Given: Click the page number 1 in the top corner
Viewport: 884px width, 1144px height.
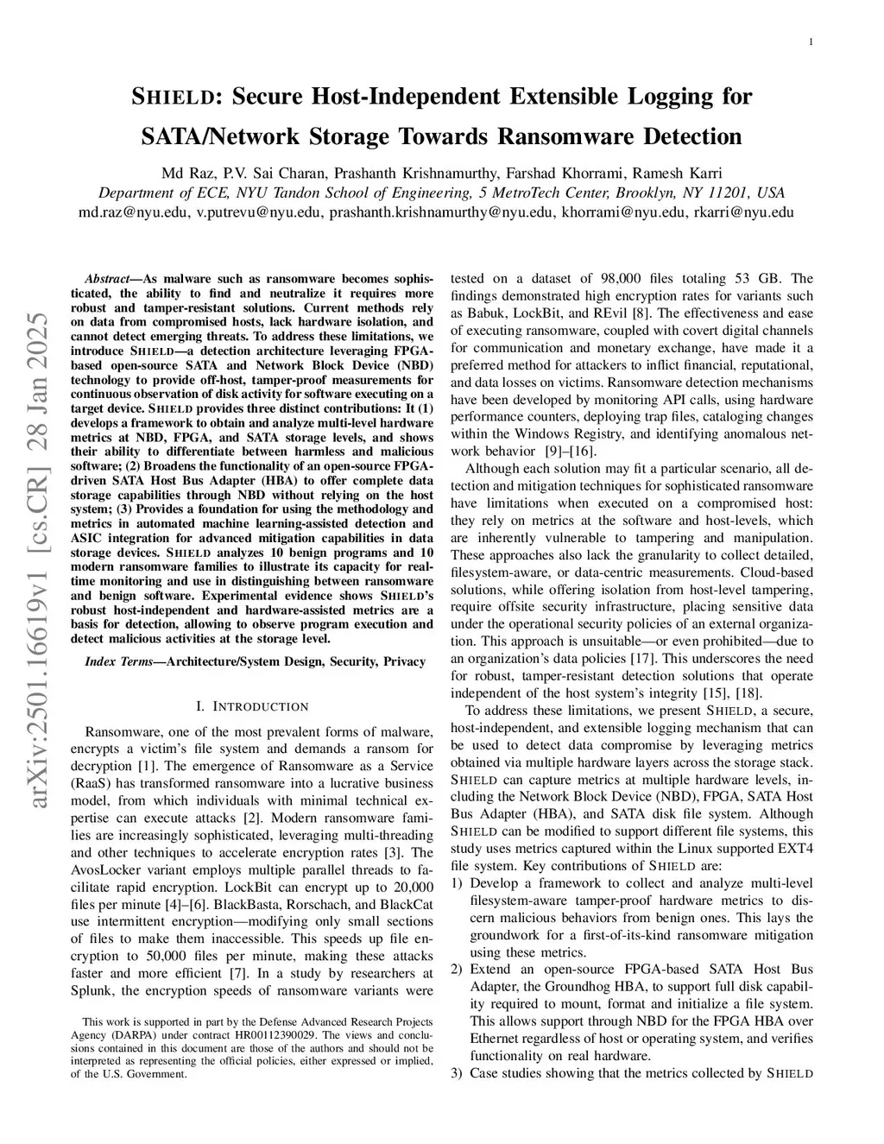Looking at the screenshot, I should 812,41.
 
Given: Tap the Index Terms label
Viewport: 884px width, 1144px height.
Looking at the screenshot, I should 118,661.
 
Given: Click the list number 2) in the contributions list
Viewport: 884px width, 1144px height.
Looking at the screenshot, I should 458,970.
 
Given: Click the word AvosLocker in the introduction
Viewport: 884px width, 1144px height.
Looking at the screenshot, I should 104,869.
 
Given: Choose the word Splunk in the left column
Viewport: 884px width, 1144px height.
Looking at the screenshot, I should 88,990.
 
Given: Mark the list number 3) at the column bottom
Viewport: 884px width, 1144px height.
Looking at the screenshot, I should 458,1073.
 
